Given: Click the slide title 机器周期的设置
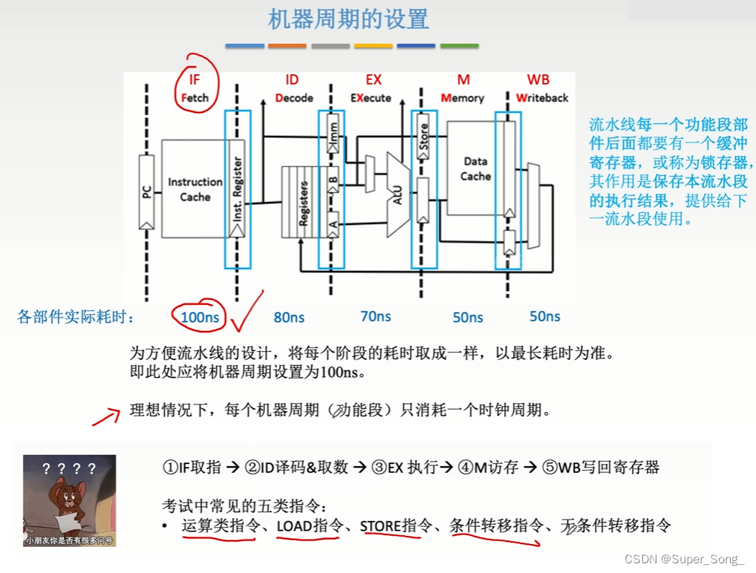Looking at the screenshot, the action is point(348,19).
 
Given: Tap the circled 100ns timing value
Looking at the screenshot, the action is point(200,318).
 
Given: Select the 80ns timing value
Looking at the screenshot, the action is point(289,318).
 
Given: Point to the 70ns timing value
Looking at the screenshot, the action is point(376,317).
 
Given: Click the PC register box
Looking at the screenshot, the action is point(146,191).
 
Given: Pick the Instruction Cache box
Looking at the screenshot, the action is point(195,189).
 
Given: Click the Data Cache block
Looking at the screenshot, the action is point(475,168).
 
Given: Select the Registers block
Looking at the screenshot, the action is point(302,202).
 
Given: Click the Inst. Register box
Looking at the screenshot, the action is point(237,190).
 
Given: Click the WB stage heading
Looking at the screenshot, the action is point(538,80).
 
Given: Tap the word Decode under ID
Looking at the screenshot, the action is point(294,98).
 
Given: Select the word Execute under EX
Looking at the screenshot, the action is point(371,98).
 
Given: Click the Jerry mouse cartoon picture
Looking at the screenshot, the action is point(69,500).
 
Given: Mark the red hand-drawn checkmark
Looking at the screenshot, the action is point(247,312).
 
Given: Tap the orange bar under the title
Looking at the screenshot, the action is point(287,46).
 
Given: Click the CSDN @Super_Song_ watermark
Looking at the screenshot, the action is point(684,559).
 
